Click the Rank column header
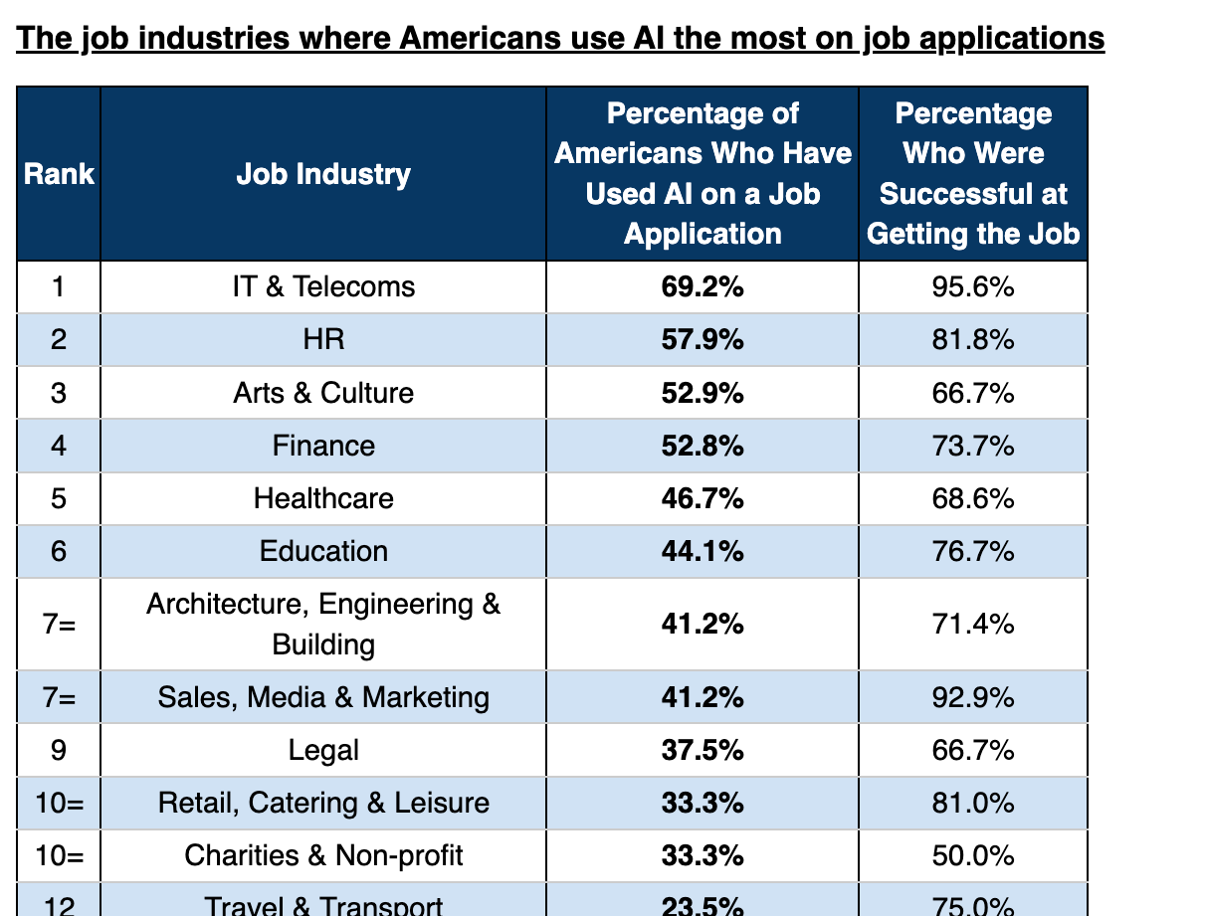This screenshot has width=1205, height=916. pyautogui.click(x=59, y=174)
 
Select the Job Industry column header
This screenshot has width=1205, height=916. pyautogui.click(x=323, y=174)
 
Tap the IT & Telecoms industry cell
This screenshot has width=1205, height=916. pyautogui.click(x=323, y=286)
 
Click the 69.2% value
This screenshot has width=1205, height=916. pyautogui.click(x=703, y=286)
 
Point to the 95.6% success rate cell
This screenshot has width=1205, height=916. pyautogui.click(x=973, y=286)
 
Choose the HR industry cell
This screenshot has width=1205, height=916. pyautogui.click(x=323, y=339)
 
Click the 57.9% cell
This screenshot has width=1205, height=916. pyautogui.click(x=703, y=339)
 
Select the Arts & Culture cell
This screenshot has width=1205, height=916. pyautogui.click(x=323, y=392)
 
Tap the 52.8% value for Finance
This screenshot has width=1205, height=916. pyautogui.click(x=703, y=445)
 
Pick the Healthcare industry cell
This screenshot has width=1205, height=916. pyautogui.click(x=323, y=497)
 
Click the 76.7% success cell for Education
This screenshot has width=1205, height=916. pyautogui.click(x=973, y=550)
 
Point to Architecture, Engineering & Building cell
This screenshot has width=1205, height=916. pyautogui.click(x=323, y=624)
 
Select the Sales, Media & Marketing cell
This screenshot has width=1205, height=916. pyautogui.click(x=323, y=696)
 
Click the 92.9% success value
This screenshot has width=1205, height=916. pyautogui.click(x=973, y=696)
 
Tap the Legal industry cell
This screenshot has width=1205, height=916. pyautogui.click(x=323, y=749)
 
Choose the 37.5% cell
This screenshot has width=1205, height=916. pyautogui.click(x=703, y=749)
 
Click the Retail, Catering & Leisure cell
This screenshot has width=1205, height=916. pyautogui.click(x=323, y=802)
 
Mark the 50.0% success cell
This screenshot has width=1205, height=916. pyautogui.click(x=973, y=854)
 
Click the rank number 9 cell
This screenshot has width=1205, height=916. pyautogui.click(x=59, y=749)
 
